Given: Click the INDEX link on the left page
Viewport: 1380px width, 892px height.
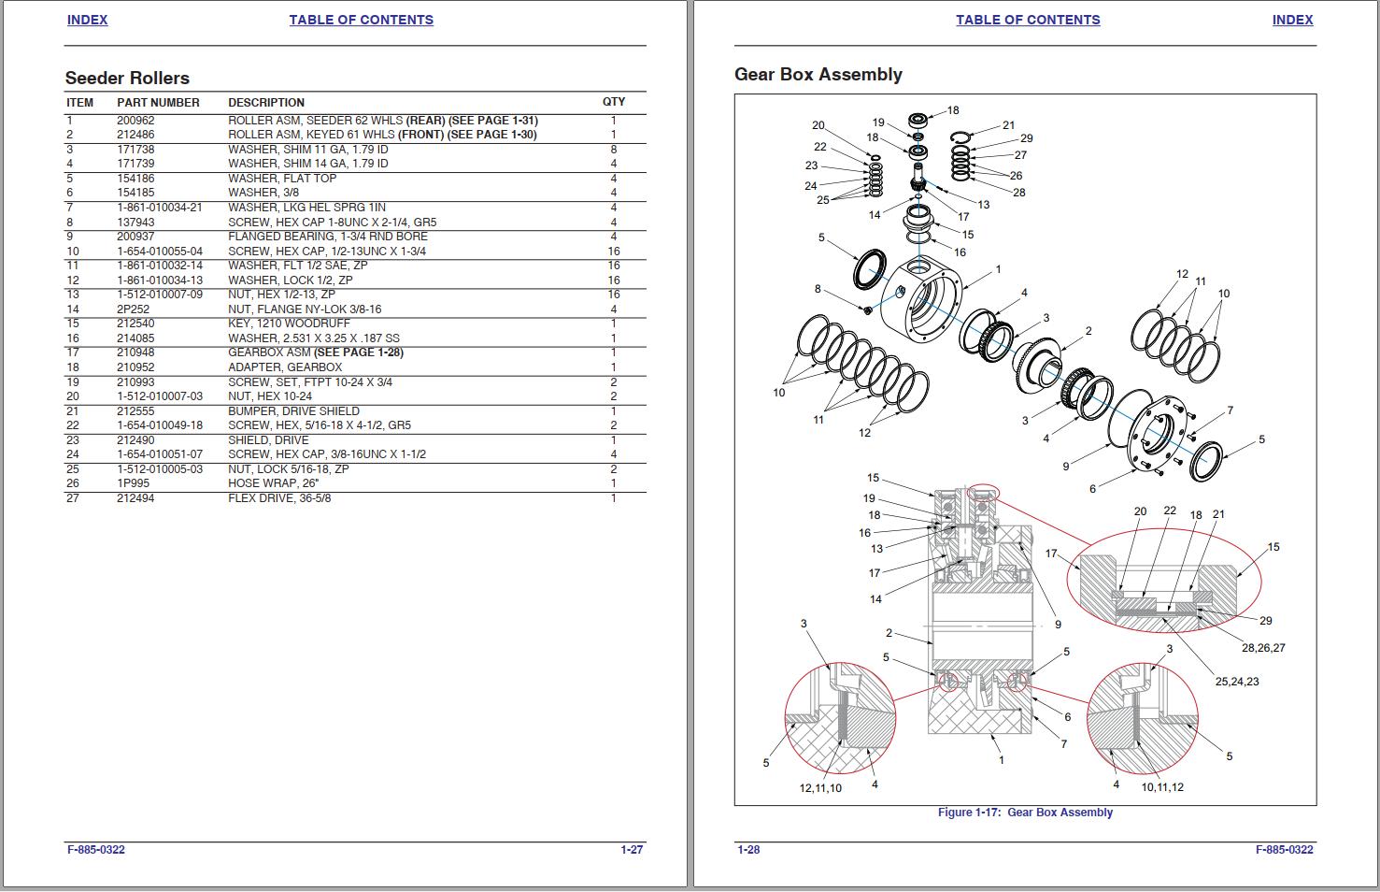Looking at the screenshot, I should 87,20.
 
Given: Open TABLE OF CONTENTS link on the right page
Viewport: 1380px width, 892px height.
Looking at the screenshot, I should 1028,20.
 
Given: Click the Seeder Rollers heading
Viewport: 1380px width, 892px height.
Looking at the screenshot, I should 127,79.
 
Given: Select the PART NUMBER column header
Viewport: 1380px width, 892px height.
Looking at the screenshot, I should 158,103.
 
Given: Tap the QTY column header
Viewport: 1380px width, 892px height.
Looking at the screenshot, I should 614,102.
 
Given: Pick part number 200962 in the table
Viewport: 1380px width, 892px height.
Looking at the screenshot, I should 135,121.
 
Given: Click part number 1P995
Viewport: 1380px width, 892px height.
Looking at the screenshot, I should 132,483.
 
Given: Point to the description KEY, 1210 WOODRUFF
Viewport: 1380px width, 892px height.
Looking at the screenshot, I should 289,324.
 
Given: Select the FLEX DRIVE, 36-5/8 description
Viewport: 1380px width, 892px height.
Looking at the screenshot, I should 279,498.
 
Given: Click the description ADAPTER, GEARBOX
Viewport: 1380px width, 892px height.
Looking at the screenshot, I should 285,367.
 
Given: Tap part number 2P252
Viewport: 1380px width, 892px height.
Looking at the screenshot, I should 133,309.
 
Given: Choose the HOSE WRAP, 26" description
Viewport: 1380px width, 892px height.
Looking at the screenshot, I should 274,483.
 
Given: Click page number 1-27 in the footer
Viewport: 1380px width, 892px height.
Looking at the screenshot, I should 632,850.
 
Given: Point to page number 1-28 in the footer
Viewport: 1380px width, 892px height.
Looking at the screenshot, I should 748,850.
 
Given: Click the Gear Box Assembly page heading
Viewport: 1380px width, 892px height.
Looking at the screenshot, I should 818,75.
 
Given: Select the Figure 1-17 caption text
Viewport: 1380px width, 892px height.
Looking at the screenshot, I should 1025,813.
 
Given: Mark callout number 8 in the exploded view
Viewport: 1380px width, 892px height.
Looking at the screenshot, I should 818,289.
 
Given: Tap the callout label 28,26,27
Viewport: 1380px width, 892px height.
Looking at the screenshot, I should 1263,648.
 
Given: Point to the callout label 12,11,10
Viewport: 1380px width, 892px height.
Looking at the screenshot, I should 819,788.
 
